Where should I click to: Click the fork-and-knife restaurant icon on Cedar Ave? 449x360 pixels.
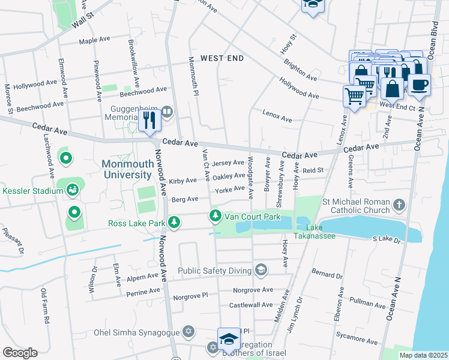click(149, 120)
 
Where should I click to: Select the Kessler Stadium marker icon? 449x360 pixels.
click(73, 190)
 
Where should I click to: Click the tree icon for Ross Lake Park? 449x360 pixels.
click(174, 223)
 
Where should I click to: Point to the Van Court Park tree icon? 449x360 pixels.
click(214, 216)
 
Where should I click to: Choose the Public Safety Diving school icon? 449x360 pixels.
click(261, 271)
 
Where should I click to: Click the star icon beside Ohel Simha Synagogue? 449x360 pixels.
click(188, 332)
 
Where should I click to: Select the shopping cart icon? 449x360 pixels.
click(354, 95)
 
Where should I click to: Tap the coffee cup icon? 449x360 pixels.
click(419, 85)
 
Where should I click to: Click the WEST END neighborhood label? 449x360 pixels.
click(222, 58)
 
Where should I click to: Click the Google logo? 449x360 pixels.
click(20, 352)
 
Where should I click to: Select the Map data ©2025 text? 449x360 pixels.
click(423, 355)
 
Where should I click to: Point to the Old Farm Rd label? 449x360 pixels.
click(44, 306)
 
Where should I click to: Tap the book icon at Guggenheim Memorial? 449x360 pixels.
click(167, 111)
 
